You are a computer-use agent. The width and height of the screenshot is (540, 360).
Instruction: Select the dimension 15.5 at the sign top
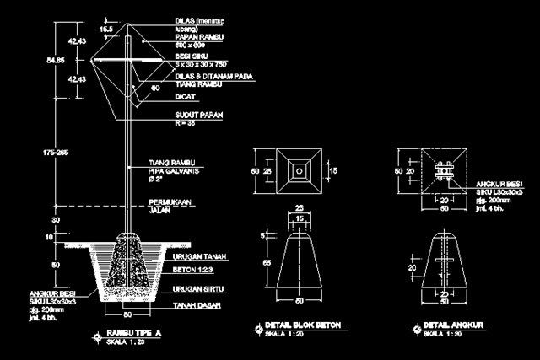click(107, 28)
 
